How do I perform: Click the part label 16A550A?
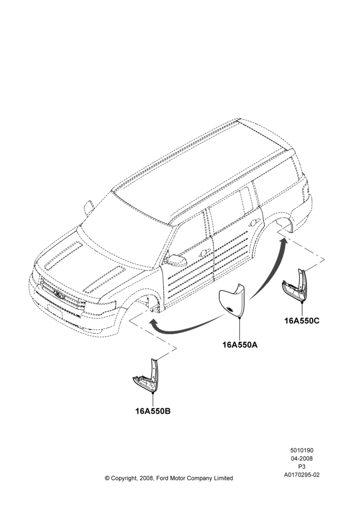(x=239, y=345)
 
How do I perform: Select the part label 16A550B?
(x=153, y=411)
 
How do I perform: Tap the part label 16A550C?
(x=302, y=321)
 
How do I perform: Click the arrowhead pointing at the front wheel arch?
(x=153, y=323)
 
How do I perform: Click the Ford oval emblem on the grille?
(x=58, y=294)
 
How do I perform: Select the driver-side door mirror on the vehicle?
(x=176, y=260)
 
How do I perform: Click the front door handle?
(x=204, y=253)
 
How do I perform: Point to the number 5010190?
(x=302, y=450)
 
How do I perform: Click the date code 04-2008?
(x=302, y=458)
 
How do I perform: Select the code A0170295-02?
(x=302, y=475)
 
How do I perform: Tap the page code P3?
(x=302, y=467)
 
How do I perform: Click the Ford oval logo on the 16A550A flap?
(x=231, y=309)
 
